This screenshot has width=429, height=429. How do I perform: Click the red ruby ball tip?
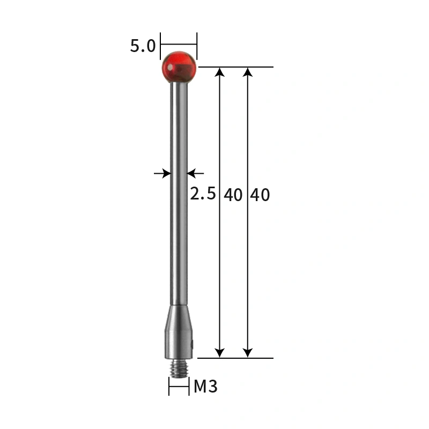[x=179, y=68]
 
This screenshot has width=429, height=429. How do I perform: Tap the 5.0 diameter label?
[x=143, y=46]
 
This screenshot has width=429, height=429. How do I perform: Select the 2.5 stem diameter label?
[x=203, y=194]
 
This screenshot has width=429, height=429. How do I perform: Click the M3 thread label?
[x=205, y=386]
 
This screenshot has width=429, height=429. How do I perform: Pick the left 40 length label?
[x=233, y=195]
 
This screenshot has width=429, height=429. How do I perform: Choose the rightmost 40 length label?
[x=260, y=195]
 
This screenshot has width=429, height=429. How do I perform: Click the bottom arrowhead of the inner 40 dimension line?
[x=219, y=352]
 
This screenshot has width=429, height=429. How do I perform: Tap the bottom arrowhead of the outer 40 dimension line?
[x=247, y=352]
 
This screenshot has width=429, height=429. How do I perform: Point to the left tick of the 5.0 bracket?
[x=161, y=45]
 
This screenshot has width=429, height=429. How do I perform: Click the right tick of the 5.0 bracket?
[x=197, y=45]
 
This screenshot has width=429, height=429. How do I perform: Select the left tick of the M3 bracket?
[x=169, y=386]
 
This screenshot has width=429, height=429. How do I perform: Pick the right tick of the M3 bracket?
[x=189, y=386]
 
